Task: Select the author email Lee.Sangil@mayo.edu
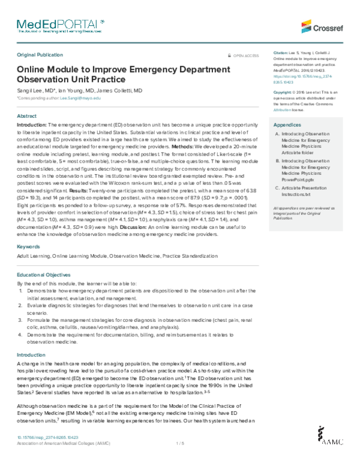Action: coord(80,97)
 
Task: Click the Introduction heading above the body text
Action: coord(29,355)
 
